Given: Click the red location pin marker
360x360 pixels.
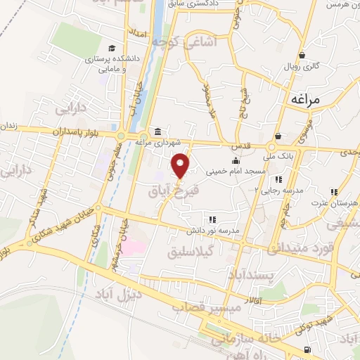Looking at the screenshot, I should point(181,165).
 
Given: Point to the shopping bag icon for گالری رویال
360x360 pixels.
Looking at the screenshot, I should point(302,56).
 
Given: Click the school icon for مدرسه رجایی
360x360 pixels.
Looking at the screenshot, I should point(278,179).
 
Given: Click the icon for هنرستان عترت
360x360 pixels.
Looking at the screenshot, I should point(335,191).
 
